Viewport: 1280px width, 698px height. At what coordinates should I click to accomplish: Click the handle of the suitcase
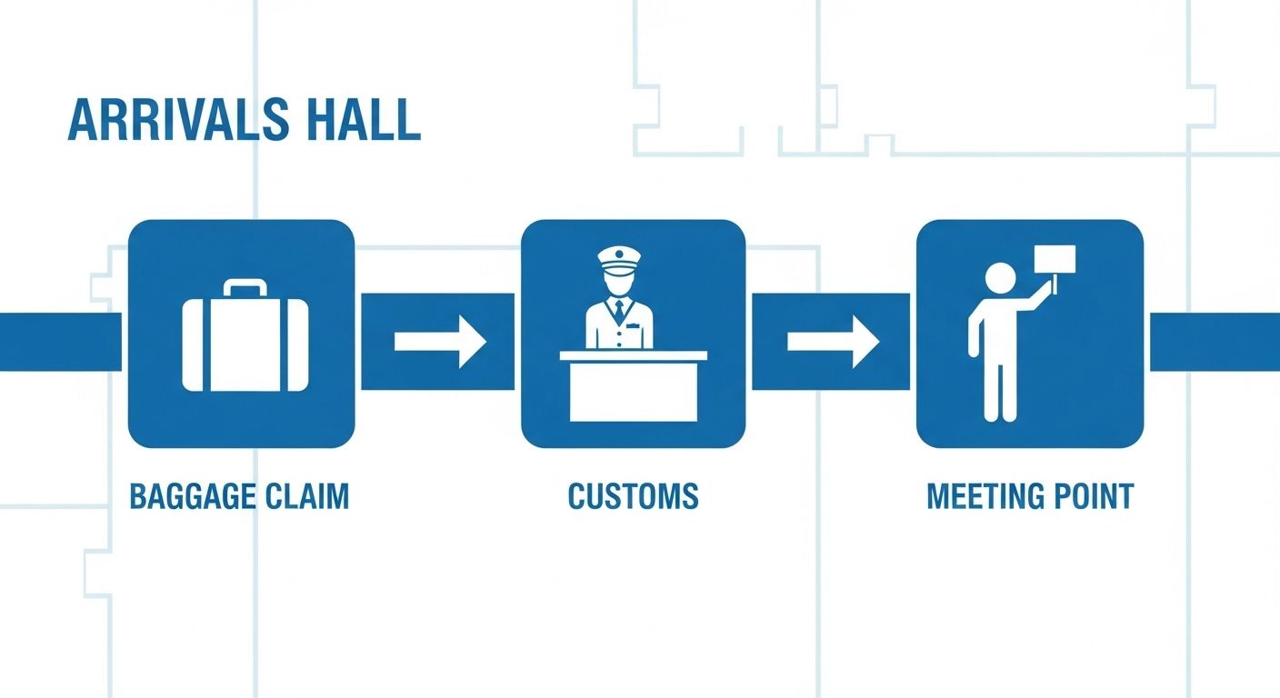245,289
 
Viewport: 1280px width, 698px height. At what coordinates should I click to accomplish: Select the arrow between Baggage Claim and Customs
440,342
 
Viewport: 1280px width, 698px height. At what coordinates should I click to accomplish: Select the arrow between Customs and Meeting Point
833,342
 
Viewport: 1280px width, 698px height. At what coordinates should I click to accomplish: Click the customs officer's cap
619,256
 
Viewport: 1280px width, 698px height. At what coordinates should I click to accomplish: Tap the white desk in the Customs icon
633,386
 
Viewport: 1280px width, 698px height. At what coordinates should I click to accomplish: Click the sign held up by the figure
1055,259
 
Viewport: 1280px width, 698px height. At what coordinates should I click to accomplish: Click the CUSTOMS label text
633,496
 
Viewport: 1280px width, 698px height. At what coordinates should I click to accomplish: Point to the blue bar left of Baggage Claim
59,342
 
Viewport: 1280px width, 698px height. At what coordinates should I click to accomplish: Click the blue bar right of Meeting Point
1215,342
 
